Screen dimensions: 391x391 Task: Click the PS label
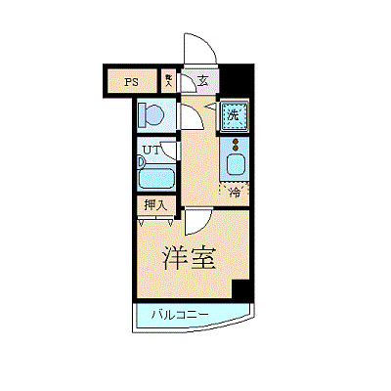click(x=131, y=82)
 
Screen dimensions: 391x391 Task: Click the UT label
click(x=150, y=151)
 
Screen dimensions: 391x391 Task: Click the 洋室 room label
click(x=189, y=257)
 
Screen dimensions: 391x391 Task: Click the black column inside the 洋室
click(x=240, y=289)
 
